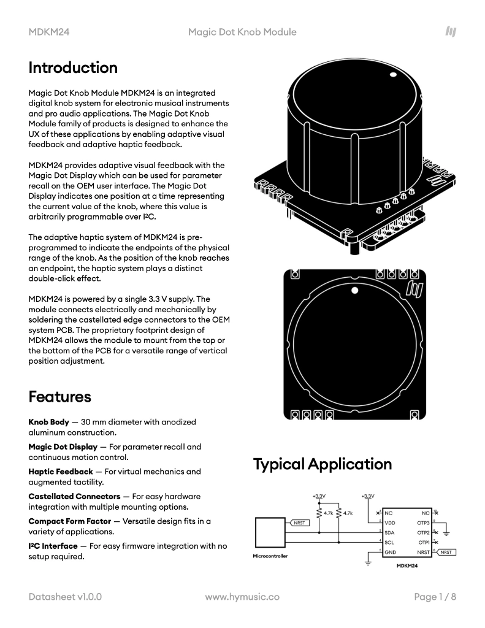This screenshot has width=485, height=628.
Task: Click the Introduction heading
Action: click(73, 67)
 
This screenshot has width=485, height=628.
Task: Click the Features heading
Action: click(59, 397)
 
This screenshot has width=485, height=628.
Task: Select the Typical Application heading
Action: click(323, 464)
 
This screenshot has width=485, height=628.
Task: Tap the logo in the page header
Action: click(451, 31)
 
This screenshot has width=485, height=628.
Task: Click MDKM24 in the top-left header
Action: click(48, 32)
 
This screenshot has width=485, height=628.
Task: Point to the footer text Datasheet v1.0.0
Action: click(65, 596)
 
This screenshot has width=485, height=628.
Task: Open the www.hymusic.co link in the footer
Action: click(242, 596)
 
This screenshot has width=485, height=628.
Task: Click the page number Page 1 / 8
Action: click(435, 596)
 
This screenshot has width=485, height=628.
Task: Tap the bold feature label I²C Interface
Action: click(53, 545)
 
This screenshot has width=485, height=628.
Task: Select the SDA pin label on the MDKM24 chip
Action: click(389, 532)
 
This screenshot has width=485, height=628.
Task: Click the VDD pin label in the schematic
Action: click(389, 523)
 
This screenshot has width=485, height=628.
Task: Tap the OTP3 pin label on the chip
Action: click(423, 523)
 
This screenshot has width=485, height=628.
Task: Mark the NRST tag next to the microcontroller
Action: click(299, 523)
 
